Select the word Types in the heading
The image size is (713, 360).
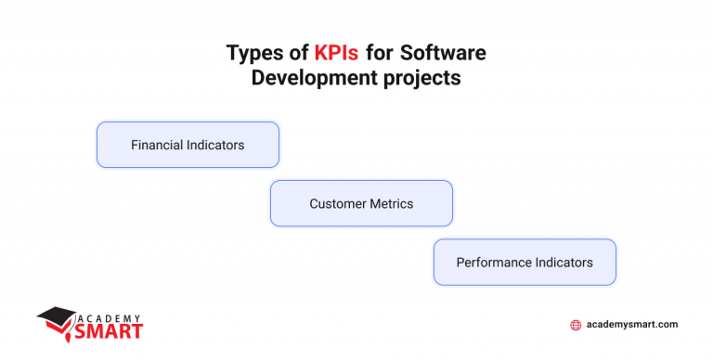pyautogui.click(x=250, y=53)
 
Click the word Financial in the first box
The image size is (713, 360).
pyautogui.click(x=157, y=146)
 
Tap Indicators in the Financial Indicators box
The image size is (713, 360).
pyautogui.click(x=215, y=146)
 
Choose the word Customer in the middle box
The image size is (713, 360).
pyautogui.click(x=336, y=203)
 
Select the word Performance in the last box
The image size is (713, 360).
pyautogui.click(x=494, y=263)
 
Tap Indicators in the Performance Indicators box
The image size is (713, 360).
pyautogui.click(x=564, y=263)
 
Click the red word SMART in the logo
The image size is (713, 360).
pyautogui.click(x=111, y=329)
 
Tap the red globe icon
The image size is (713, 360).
pyautogui.click(x=576, y=325)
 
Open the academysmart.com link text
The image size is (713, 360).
pyautogui.click(x=632, y=325)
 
